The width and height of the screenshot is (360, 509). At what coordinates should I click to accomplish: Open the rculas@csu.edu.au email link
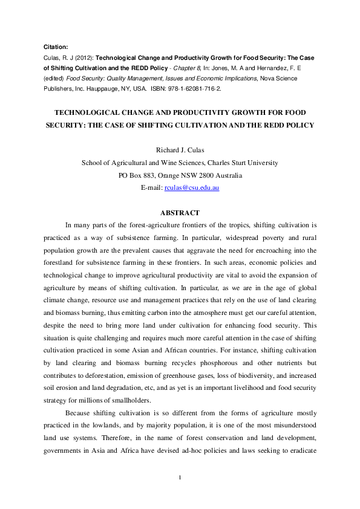tap(192, 188)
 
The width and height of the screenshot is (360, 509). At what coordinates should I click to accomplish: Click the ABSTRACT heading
tap(180, 212)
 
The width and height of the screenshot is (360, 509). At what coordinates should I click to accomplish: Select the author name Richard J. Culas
tap(180, 150)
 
